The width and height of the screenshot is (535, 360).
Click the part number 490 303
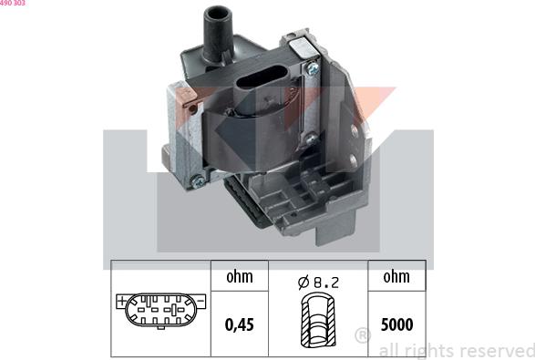tap(13, 4)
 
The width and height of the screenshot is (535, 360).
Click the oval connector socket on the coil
tap(258, 87)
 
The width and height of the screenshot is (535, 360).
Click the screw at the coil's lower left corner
tap(194, 180)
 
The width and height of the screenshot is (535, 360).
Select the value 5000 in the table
tap(396, 323)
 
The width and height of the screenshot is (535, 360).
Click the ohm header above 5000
tap(396, 276)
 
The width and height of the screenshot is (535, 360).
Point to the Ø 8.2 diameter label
tap(318, 283)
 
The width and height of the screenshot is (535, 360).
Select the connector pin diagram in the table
tap(161, 311)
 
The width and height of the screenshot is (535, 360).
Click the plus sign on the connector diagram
tap(121, 300)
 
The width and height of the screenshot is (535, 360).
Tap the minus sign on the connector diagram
tap(201, 300)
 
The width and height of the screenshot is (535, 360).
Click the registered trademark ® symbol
tap(362, 334)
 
